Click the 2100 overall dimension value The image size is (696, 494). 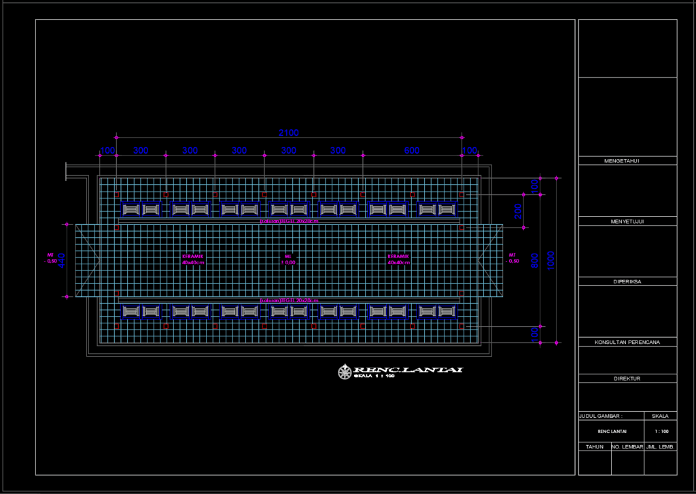288,133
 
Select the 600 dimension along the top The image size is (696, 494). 412,150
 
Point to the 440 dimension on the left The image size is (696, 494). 60,260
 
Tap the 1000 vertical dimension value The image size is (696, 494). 551,260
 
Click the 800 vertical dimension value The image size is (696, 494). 535,260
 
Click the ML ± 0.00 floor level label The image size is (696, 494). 288,259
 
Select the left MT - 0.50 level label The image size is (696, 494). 50,258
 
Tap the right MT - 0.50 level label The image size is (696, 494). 513,258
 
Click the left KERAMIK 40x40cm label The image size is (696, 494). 193,259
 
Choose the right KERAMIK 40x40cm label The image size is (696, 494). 399,259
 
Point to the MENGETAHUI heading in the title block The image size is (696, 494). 627,161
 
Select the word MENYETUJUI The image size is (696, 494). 627,222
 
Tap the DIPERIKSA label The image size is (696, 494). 627,281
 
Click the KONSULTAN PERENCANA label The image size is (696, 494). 627,342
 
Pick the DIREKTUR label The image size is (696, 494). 627,378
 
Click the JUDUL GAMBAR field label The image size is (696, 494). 601,415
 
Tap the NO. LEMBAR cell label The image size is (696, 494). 627,446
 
